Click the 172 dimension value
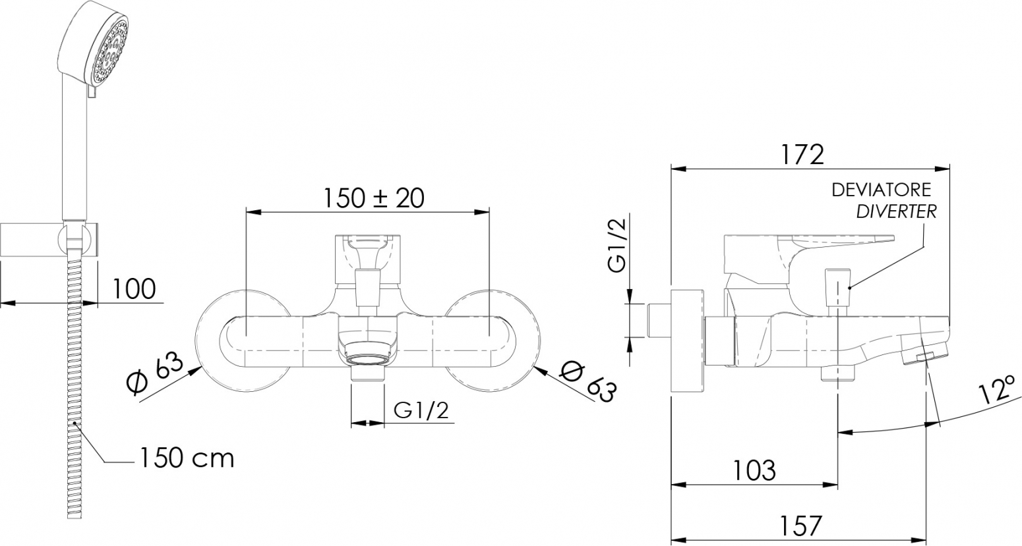tap(802, 155)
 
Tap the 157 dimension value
tap(801, 526)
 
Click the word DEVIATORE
tap(881, 190)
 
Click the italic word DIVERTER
tap(897, 211)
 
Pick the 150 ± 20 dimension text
tap(374, 198)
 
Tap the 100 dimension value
tap(134, 288)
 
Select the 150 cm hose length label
tap(187, 458)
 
